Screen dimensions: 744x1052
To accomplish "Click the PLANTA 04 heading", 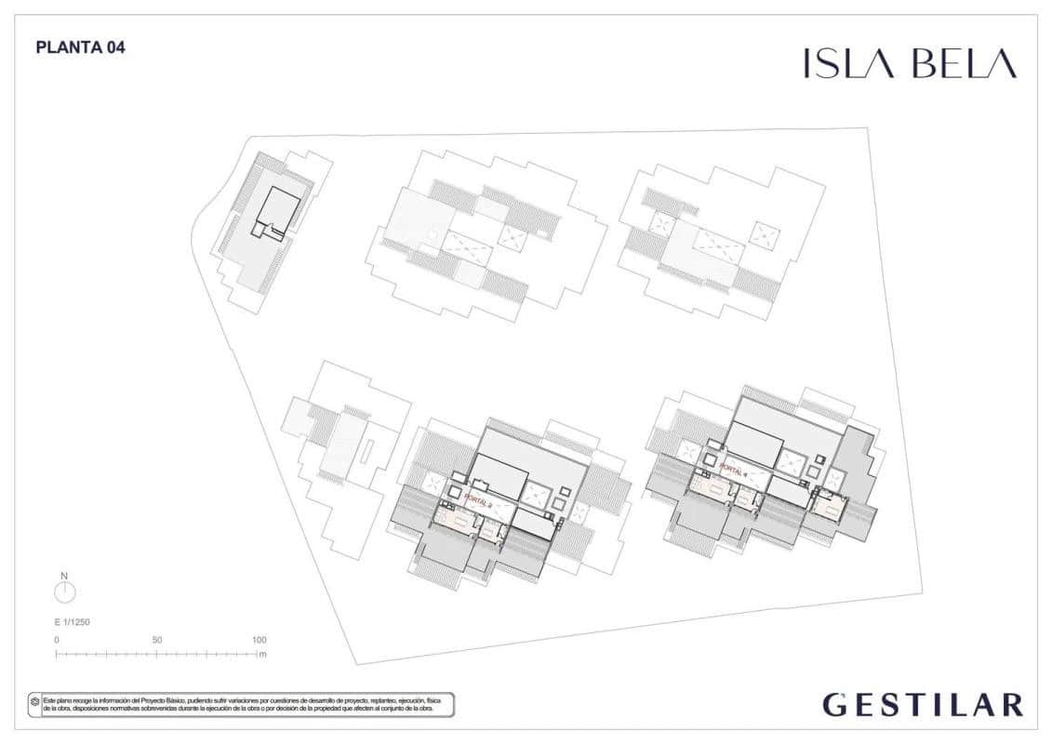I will [x=80, y=47].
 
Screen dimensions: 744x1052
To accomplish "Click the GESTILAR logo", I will [x=923, y=705].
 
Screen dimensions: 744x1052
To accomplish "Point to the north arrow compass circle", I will [x=65, y=592].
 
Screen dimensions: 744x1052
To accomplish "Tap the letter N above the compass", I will [x=64, y=576].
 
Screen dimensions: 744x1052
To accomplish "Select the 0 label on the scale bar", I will [x=57, y=640].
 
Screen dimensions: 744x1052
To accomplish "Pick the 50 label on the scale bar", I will [x=157, y=640].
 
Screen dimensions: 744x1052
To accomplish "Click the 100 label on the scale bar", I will [x=259, y=640].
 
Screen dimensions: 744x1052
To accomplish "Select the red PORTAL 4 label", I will [x=734, y=472].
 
